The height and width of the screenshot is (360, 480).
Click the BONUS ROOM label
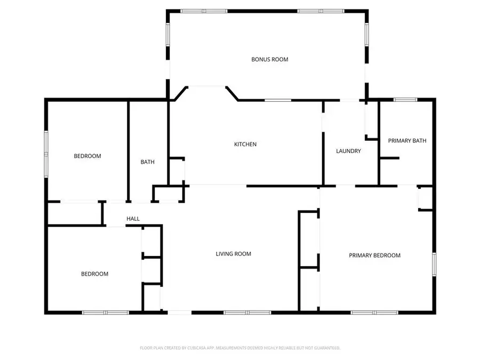pos(270,59)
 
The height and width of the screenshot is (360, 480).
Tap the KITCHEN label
pos(246,144)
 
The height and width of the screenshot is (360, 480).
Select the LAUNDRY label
pos(348,151)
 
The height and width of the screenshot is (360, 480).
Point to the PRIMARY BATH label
pos(407,141)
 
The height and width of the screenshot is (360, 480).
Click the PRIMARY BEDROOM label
pos(374,255)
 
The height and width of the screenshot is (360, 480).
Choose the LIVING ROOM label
pos(233,254)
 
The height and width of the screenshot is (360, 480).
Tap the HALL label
pos(133,219)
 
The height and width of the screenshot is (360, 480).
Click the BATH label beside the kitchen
pos(148,162)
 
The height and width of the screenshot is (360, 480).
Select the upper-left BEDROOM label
pos(87,156)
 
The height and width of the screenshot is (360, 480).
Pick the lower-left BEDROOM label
pos(94,274)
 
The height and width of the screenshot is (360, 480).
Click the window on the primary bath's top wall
pos(405,99)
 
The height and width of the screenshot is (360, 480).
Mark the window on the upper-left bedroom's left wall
pos(46,154)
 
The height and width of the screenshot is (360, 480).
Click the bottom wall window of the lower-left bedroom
pos(105,312)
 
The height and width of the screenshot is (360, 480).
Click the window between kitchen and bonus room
pos(278,100)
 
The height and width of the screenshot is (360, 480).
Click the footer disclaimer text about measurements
pos(239,348)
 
